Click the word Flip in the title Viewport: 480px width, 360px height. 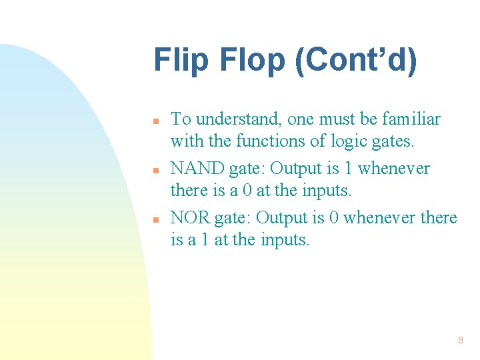[175, 60]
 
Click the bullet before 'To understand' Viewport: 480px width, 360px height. [155, 122]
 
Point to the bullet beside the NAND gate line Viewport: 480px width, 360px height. [155, 171]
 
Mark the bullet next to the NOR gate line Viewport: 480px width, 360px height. [155, 220]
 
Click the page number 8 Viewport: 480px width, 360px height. [460, 340]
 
